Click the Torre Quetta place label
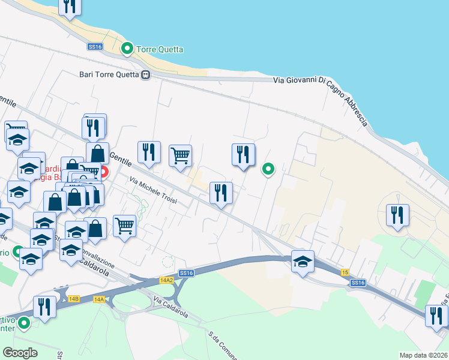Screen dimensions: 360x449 (x=160, y=49)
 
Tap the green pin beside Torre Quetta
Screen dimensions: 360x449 (x=127, y=48)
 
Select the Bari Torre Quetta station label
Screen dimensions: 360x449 (x=109, y=75)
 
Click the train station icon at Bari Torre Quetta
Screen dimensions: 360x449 (x=145, y=75)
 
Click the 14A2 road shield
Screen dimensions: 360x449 (x=166, y=280)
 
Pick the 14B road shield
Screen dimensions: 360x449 (x=74, y=298)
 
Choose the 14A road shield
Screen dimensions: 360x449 (x=99, y=298)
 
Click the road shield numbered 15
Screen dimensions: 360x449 (x=345, y=272)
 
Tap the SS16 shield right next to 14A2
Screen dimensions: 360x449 (x=186, y=273)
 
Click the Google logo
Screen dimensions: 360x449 (x=20, y=352)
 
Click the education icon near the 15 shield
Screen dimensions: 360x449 (x=303, y=262)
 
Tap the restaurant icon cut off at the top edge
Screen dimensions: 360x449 (x=70, y=5)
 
